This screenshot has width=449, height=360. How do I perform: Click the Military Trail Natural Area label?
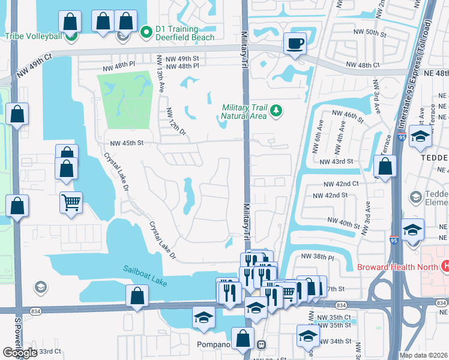[x=244, y=111]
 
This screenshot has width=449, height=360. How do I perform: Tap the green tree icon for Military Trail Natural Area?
[x=276, y=110]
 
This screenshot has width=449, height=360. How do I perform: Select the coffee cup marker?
[x=295, y=43]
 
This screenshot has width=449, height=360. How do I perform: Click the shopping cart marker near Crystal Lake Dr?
[x=71, y=202]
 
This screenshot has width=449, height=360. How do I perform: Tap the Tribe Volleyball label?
[x=34, y=36]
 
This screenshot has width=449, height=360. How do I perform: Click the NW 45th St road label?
[x=127, y=143]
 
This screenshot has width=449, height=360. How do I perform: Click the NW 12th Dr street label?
[x=172, y=121]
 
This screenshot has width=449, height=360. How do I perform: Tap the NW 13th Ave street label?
[x=161, y=74]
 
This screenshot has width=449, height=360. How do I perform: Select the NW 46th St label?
[x=348, y=116]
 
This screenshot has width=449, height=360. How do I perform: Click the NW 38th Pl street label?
[x=317, y=256]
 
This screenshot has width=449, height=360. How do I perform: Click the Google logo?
[x=20, y=353]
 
